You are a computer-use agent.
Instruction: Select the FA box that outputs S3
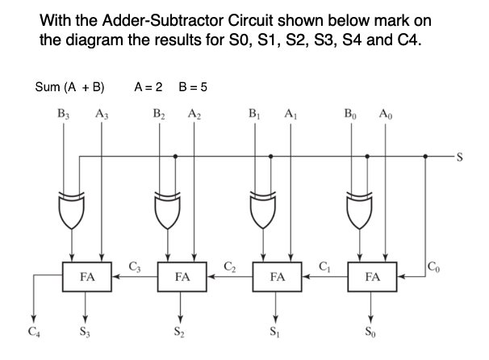[87, 275]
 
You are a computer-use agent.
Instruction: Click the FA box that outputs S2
[182, 275]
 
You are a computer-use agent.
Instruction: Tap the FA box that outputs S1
[278, 275]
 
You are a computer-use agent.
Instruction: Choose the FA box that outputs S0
[372, 275]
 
